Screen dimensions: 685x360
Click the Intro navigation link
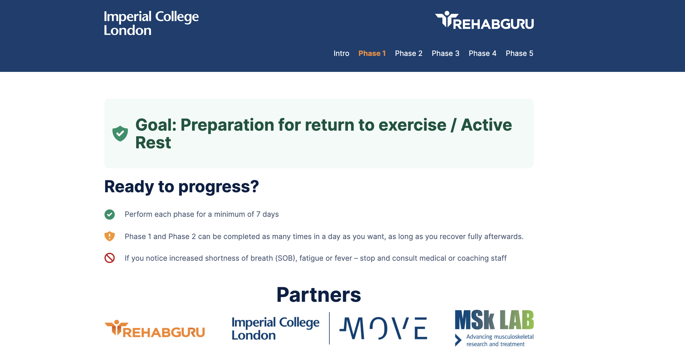point(341,53)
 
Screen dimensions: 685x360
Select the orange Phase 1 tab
point(372,53)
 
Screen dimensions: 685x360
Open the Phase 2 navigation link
point(409,53)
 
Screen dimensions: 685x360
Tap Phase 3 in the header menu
point(446,53)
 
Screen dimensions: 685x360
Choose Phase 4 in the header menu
point(483,53)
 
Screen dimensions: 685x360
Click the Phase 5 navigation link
point(519,53)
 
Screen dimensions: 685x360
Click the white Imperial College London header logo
point(151,23)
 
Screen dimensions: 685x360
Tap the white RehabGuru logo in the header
point(484,20)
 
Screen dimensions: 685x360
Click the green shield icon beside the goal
point(120,133)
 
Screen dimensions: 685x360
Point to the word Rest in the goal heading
point(153,143)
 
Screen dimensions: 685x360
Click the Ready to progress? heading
point(182,187)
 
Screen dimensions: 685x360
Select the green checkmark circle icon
point(110,215)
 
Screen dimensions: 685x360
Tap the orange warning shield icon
point(110,236)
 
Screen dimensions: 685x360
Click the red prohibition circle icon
point(110,258)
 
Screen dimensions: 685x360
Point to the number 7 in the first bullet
point(258,215)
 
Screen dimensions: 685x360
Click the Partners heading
point(319,295)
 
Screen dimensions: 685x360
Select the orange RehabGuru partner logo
point(155,329)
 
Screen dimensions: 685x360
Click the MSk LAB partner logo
point(494,328)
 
